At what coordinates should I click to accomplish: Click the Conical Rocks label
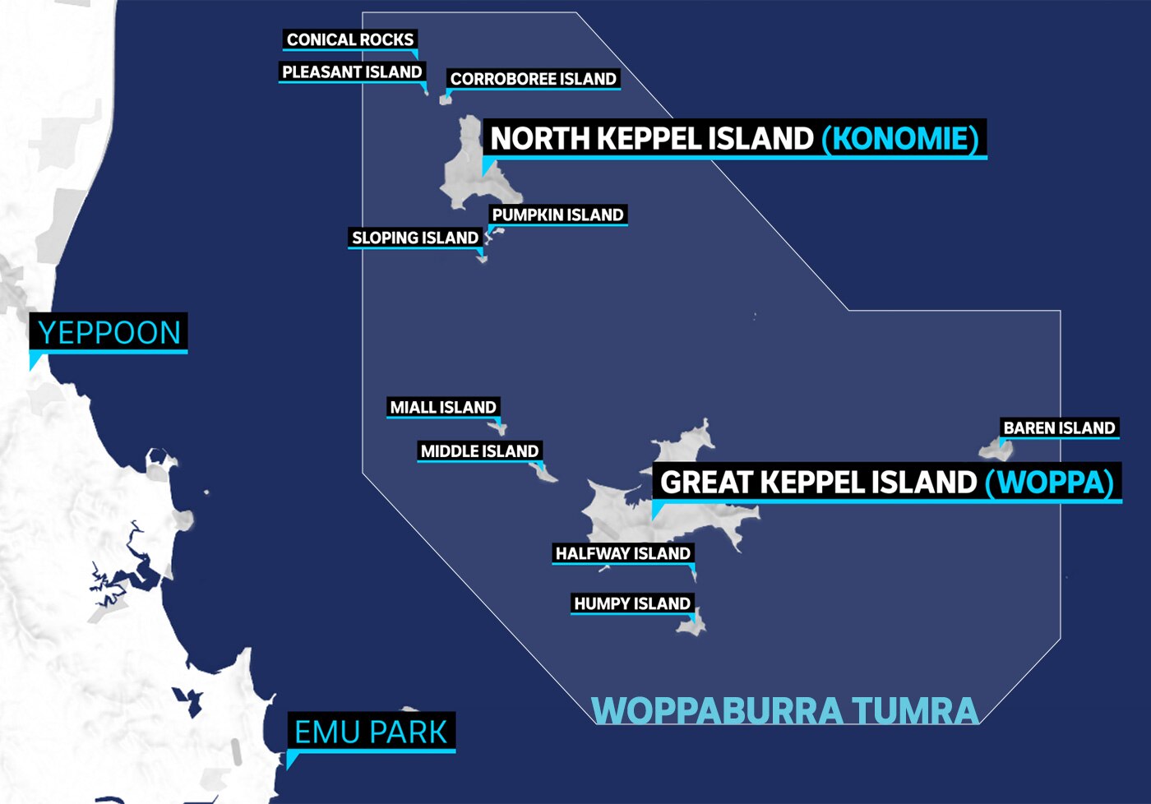coord(350,39)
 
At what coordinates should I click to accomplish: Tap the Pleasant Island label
coord(352,72)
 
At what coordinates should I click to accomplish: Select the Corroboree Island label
coord(533,79)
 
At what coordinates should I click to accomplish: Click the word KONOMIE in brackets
coord(901,138)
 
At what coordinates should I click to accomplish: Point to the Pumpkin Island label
coord(557,215)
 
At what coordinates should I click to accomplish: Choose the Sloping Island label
coord(414,238)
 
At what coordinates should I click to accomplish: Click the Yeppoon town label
coord(109,333)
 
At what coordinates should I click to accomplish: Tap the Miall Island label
coord(443,408)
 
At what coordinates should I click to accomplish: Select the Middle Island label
coord(479,451)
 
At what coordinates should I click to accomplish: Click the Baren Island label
coord(1059,428)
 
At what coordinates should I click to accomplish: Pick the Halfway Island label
coord(622,554)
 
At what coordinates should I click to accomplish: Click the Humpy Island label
coord(631,604)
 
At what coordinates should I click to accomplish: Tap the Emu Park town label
coord(371,732)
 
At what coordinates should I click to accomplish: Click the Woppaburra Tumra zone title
coord(784,711)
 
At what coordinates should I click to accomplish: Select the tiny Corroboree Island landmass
coord(445,100)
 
